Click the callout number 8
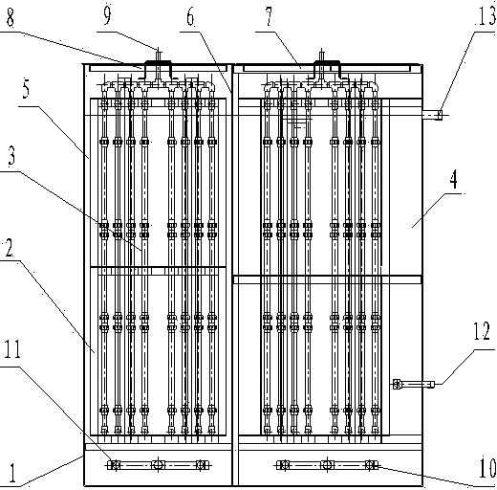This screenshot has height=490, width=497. [11, 17]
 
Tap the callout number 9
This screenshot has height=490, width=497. [107, 15]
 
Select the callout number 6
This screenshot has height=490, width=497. [190, 16]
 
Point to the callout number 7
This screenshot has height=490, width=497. [270, 16]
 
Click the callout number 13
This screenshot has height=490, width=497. [486, 16]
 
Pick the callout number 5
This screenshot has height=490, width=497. [26, 89]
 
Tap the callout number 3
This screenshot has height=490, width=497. [11, 156]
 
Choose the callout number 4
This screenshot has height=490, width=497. [454, 179]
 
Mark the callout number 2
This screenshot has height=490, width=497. [9, 248]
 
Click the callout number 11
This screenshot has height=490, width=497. [12, 348]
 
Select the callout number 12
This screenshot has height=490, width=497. [482, 331]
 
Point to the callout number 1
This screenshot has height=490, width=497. [12, 473]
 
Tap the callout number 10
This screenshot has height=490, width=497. [487, 468]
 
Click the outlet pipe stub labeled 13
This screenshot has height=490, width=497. [432, 115]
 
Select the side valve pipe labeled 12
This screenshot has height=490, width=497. [414, 384]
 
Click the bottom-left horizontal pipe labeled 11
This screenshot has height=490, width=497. [158, 464]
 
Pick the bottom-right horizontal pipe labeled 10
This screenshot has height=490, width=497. [327, 464]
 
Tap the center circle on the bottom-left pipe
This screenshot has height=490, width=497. [158, 464]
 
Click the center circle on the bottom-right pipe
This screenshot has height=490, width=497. [327, 464]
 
